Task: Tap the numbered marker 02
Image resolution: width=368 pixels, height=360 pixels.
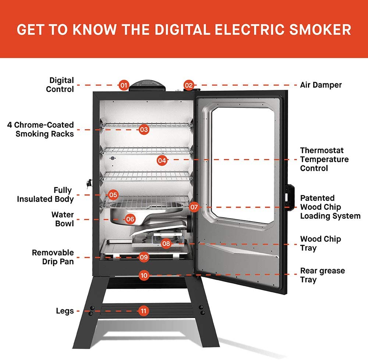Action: (x=189, y=85)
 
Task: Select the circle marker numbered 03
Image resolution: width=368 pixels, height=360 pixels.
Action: (x=144, y=130)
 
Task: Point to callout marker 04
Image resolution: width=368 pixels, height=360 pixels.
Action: (x=162, y=160)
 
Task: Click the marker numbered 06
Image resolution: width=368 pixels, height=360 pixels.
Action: (x=130, y=219)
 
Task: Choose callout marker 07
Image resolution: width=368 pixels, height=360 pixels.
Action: (x=194, y=207)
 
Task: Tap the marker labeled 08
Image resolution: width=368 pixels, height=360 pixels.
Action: (x=166, y=243)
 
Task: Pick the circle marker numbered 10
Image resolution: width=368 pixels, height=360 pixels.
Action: (x=144, y=275)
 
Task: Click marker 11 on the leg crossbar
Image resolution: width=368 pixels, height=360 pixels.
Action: (x=144, y=311)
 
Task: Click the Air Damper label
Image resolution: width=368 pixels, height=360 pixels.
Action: (x=321, y=85)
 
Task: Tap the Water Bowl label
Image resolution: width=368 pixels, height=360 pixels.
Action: (x=63, y=219)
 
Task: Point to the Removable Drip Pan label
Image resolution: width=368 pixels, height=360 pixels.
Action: (x=53, y=257)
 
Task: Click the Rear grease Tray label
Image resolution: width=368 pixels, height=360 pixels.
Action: (x=322, y=275)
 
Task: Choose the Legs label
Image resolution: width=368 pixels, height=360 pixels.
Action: (x=65, y=311)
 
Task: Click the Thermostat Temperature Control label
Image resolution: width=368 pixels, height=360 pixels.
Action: (x=324, y=159)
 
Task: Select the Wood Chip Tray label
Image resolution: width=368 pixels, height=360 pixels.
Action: (x=320, y=243)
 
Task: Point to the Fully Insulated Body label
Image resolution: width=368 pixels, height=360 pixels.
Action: (x=46, y=195)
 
